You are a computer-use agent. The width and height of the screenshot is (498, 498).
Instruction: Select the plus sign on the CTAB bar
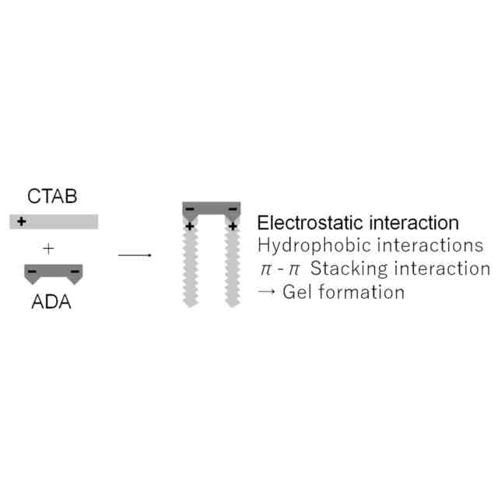[x=21, y=222]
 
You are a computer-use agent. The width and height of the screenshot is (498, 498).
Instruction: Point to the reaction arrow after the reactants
[x=134, y=254]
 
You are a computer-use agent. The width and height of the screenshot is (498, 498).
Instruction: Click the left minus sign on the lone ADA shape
[x=32, y=272]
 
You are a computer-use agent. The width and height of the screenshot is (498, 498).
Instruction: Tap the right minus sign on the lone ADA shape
[x=75, y=272]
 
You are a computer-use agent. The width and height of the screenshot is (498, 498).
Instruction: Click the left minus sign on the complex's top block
[x=190, y=209]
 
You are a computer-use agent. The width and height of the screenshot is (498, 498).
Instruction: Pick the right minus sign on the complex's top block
[x=233, y=209]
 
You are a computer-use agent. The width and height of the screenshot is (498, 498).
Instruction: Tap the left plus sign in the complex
[x=190, y=226]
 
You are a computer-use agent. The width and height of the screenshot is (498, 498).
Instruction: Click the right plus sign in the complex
[x=233, y=226]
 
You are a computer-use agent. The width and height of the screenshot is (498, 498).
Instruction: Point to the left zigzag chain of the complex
[x=190, y=268]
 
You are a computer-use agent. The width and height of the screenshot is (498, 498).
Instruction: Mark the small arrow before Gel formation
[x=266, y=293]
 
